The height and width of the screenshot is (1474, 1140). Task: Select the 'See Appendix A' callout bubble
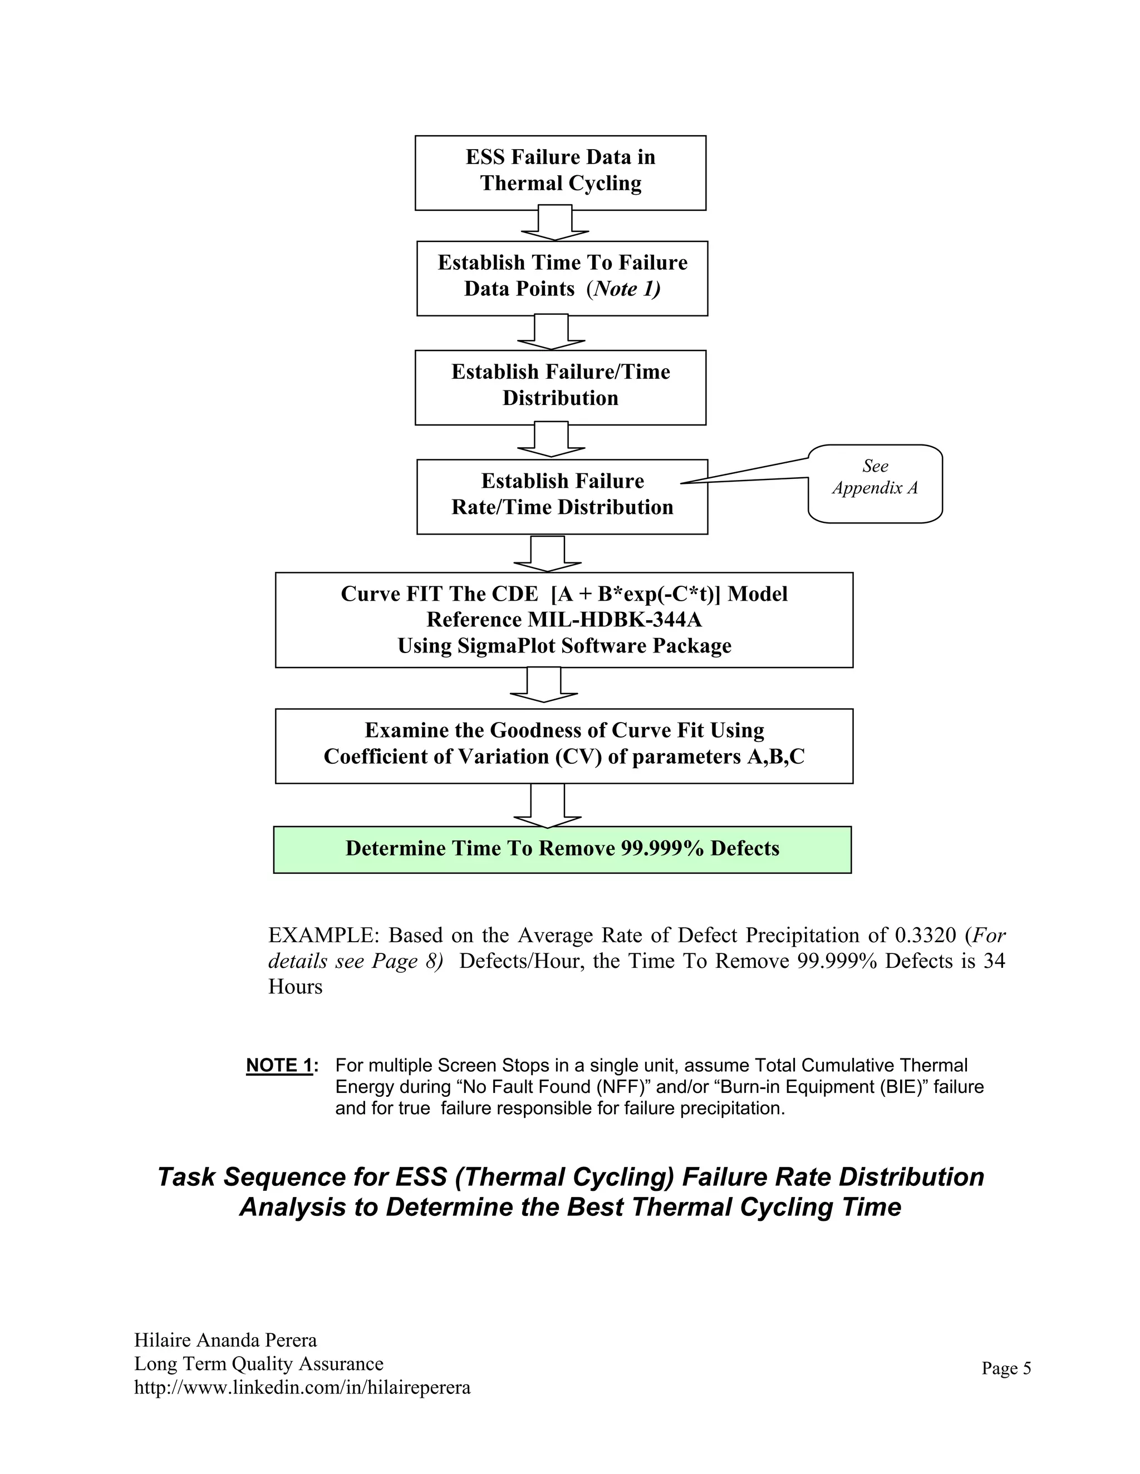(874, 483)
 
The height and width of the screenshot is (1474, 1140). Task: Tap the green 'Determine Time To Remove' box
(562, 849)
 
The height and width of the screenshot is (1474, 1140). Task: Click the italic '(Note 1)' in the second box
(623, 289)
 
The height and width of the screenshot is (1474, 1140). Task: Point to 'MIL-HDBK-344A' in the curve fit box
(615, 620)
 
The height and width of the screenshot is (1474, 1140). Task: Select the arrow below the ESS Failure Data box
(555, 224)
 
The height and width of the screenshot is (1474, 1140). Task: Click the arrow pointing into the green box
(547, 806)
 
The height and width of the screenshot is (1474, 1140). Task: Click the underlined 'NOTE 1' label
(279, 1066)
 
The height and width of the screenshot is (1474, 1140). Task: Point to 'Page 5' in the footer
(1006, 1368)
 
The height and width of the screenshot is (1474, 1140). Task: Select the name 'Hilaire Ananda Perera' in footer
(225, 1341)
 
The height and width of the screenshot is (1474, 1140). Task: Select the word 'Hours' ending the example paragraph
(295, 987)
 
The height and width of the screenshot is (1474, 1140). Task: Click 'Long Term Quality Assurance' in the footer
(259, 1364)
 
